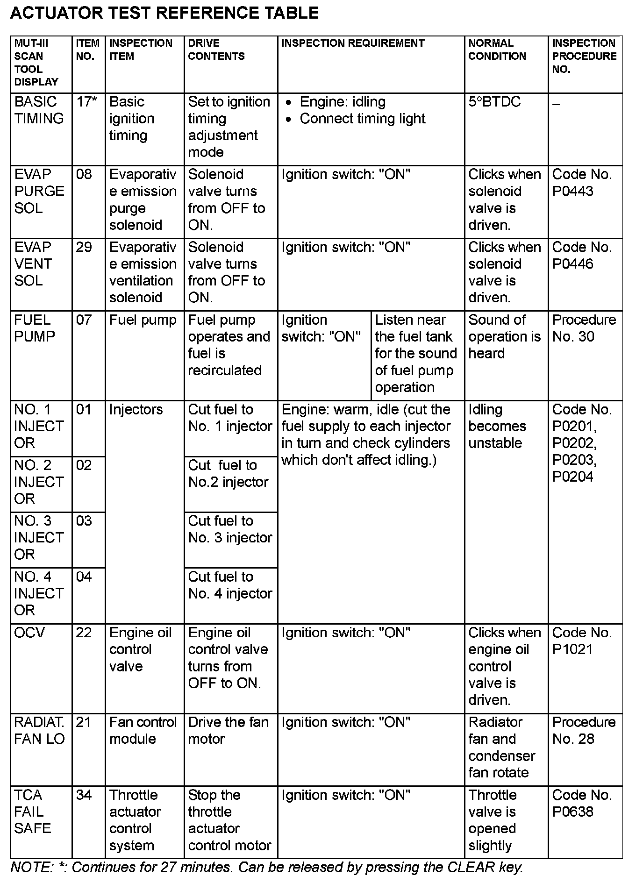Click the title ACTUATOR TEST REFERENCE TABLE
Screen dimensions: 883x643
point(164,13)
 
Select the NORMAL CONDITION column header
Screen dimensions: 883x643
point(497,50)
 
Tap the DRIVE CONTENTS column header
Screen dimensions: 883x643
point(216,50)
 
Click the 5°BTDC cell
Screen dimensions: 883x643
point(494,102)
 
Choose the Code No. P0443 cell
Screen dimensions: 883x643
point(581,183)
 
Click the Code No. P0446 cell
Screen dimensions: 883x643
point(581,256)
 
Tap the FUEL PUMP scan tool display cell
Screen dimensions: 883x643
point(35,328)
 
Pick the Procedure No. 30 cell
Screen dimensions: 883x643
point(584,328)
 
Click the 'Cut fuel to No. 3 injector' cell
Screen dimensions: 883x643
point(229,529)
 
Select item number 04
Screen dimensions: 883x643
point(84,577)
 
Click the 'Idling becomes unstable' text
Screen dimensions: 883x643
point(497,426)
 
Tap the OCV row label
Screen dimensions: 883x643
point(29,633)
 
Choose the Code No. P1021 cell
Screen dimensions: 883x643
point(581,641)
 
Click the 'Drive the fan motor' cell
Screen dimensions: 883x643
point(228,731)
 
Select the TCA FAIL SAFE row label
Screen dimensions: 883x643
point(31,812)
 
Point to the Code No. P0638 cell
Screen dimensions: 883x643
point(581,804)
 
